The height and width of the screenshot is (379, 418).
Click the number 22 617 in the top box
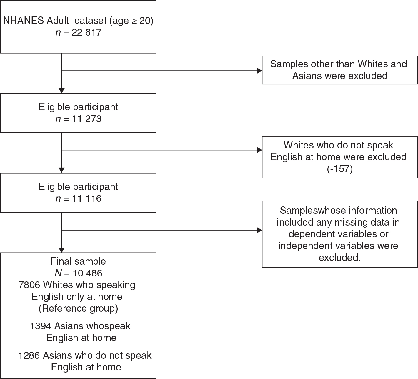[86, 33]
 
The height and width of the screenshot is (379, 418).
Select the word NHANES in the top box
[23, 21]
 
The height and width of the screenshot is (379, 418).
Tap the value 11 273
[87, 119]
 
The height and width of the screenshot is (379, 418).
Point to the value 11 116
[87, 198]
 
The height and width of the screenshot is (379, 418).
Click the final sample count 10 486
[88, 273]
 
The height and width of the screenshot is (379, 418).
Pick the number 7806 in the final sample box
[29, 285]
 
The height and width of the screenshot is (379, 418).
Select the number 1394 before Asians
[41, 326]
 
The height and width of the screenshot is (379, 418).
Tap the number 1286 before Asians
[29, 355]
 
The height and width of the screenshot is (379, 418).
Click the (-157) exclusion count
[340, 168]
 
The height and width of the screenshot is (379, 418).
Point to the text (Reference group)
[78, 308]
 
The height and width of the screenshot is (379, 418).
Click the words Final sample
[78, 261]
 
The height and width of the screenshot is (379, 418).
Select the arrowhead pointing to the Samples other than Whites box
[259, 71]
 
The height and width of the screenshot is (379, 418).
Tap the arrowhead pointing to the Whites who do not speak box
[259, 150]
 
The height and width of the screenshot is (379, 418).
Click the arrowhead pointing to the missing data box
[259, 230]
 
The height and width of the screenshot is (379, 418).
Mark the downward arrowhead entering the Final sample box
[62, 250]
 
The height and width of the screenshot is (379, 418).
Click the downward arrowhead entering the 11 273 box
[62, 91]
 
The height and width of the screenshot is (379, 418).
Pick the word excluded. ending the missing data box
[340, 258]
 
